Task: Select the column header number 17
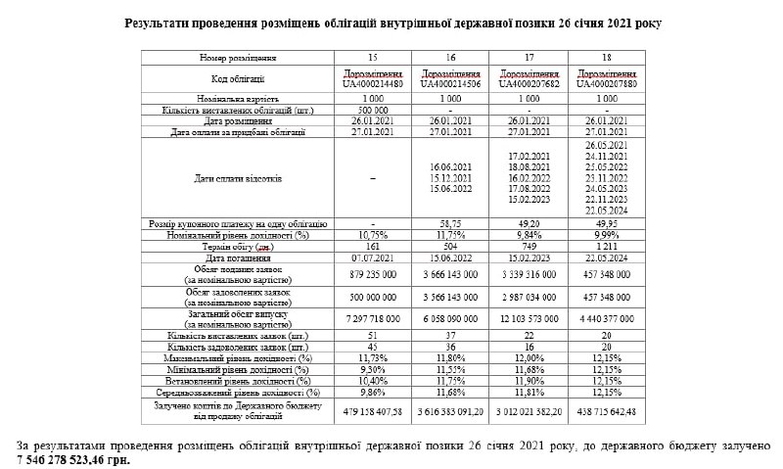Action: coord(529,59)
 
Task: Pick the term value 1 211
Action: coord(607,246)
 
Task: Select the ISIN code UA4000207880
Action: coord(607,84)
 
